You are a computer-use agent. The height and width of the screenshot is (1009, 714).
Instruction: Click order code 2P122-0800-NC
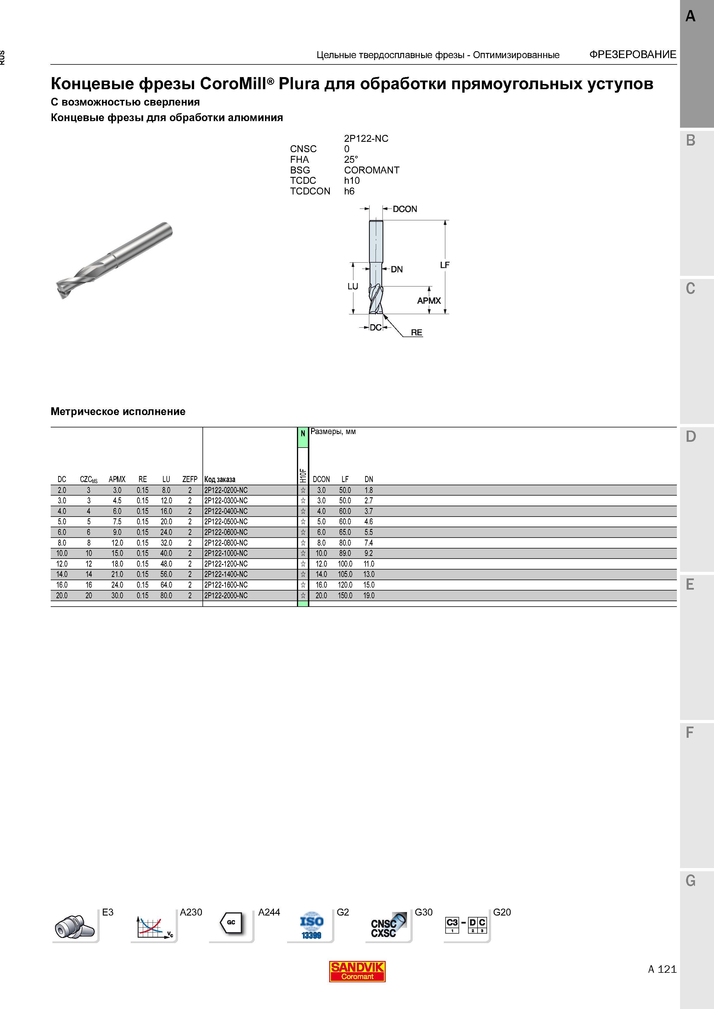pyautogui.click(x=226, y=543)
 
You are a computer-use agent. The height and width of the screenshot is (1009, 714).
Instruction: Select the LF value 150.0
pyautogui.click(x=345, y=595)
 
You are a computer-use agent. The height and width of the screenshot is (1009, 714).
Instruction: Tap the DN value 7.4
pyautogui.click(x=369, y=543)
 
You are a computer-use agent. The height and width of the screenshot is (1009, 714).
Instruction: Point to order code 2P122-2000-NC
pyautogui.click(x=226, y=595)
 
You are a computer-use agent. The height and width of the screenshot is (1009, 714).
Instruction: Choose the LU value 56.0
pyautogui.click(x=166, y=574)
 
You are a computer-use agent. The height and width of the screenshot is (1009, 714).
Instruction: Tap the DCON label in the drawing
pyautogui.click(x=405, y=209)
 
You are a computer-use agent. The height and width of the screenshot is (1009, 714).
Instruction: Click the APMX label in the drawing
pyautogui.click(x=429, y=301)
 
